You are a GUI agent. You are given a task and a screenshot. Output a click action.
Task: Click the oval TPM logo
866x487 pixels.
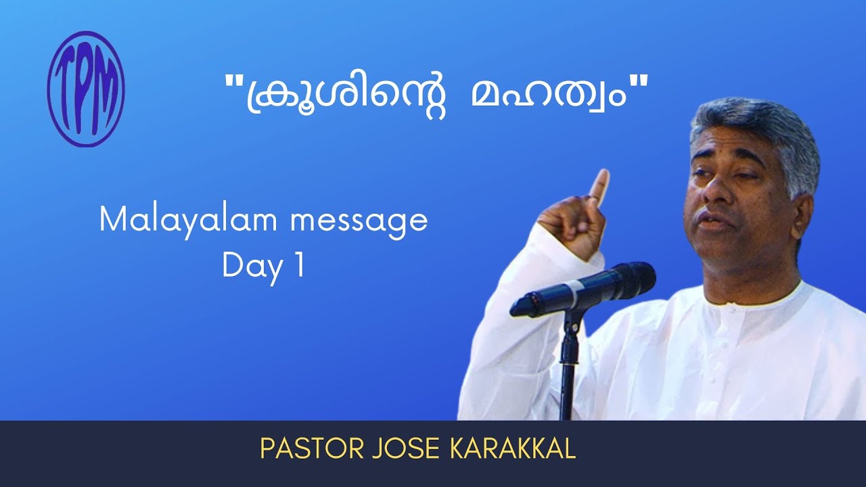tap(86, 89)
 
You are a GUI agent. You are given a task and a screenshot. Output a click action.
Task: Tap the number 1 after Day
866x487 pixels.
tap(299, 266)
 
